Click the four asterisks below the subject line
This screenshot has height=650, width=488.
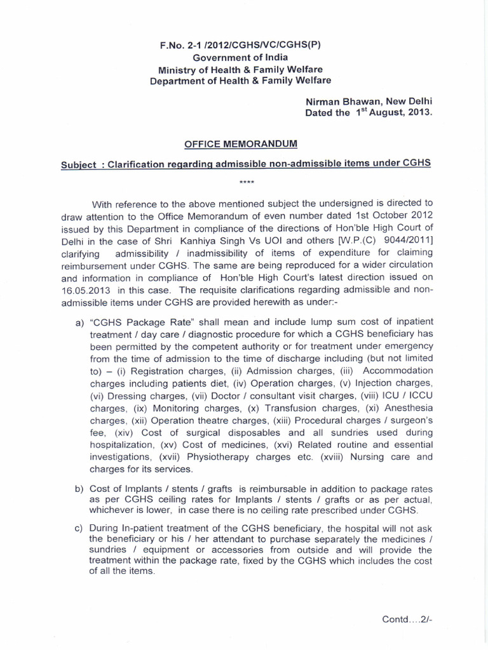coord(246,182)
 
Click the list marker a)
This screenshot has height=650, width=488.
coord(79,322)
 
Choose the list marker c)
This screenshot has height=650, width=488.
coord(79,527)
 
